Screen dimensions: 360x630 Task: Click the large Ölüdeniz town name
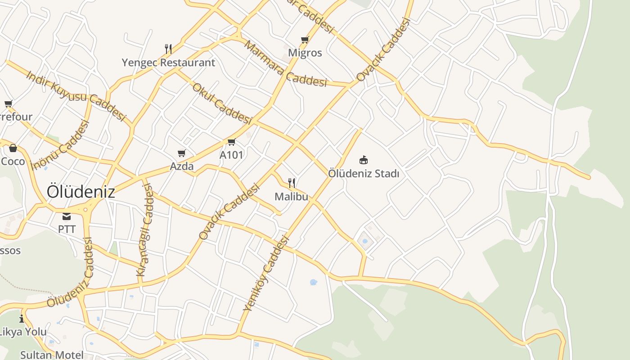pos(81,192)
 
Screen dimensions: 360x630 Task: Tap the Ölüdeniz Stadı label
pos(364,173)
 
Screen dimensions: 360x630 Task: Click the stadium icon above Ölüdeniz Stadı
pos(364,160)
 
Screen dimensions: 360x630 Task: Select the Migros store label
pos(305,53)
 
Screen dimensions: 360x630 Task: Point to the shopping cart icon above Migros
pos(305,40)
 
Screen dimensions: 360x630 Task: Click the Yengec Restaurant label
pos(168,63)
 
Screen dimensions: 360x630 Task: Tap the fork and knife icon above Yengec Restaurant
pos(168,49)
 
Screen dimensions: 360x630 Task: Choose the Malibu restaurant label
pos(291,196)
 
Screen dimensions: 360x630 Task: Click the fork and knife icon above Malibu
pos(292,183)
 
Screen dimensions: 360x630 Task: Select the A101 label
pos(231,155)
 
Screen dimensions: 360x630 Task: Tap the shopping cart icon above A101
pos(231,142)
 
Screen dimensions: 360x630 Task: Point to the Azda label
pos(182,166)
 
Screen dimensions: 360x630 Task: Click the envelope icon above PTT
pos(67,216)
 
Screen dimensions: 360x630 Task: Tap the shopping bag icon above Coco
pos(13,148)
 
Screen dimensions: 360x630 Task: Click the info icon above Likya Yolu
pos(22,319)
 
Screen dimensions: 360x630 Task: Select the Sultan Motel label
pos(52,355)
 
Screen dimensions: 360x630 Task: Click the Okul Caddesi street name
pos(222,103)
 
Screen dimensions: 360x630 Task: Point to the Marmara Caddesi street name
pos(285,63)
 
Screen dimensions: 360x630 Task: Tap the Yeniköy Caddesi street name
pos(265,274)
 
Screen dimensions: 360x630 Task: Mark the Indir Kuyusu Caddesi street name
pos(76,95)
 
